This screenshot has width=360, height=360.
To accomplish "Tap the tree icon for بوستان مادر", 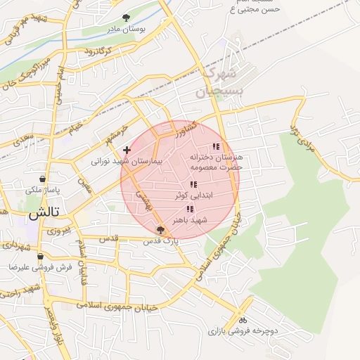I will coord(126,18).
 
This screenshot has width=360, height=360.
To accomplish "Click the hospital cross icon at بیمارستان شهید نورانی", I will coord(127,150).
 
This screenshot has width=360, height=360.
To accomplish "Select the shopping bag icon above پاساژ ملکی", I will coord(43,179).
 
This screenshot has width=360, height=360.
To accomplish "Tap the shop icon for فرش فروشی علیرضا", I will coord(40,257).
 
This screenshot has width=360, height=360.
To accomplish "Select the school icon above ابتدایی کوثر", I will coord(193,184).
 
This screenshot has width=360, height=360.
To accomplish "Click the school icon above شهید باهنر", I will coord(190,209).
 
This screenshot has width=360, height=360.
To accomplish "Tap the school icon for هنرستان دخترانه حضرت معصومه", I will coord(216,146).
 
